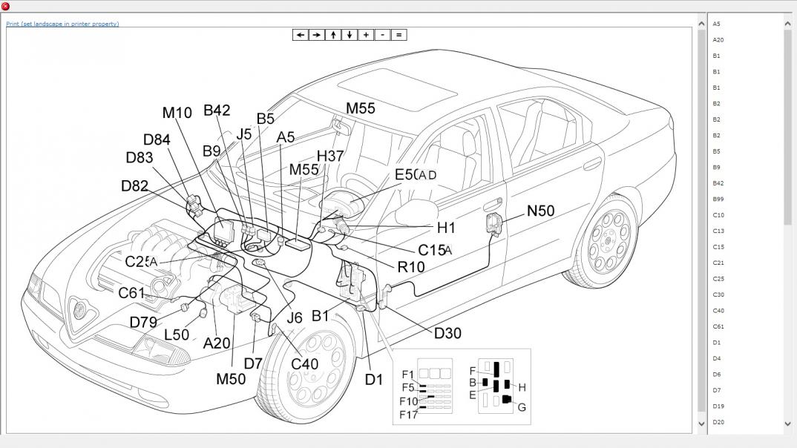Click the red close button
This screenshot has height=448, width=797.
pos(5,6)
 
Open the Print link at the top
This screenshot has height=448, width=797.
pos(62,24)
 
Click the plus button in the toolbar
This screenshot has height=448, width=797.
pos(366,35)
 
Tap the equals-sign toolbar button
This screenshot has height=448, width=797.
pos(398,35)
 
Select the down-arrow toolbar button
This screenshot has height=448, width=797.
pos(350,35)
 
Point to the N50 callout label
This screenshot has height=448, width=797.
pos(540,211)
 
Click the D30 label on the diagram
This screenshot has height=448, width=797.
pos(447,333)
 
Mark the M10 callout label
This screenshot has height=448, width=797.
pos(177,113)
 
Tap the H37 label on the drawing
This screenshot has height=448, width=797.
pos(330,156)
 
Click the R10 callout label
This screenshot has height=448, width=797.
pos(411,266)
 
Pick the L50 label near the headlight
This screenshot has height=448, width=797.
pos(177,335)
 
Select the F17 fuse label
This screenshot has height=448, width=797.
pos(409,415)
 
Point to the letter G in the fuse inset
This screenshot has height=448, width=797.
pos(522,407)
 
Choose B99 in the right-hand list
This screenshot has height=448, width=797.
pos(718,199)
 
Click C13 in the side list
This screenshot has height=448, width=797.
pos(718,231)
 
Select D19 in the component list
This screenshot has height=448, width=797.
pos(718,406)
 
